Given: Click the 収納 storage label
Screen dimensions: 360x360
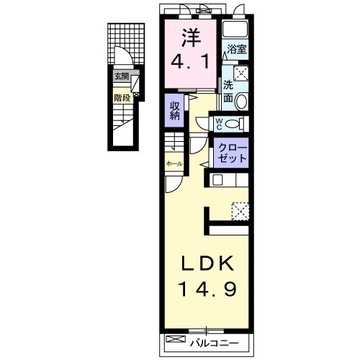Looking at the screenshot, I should pyautogui.click(x=174, y=112).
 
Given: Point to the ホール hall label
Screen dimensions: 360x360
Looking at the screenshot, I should pyautogui.click(x=174, y=164).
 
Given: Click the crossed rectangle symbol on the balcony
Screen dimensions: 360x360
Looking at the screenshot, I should pyautogui.click(x=176, y=339).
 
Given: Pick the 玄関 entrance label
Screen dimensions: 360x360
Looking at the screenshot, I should pyautogui.click(x=120, y=76).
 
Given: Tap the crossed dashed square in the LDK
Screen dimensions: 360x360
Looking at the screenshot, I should pyautogui.click(x=240, y=210).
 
